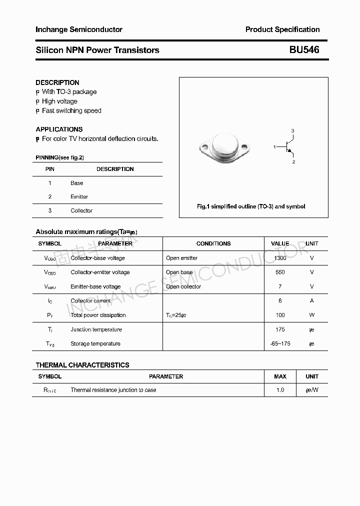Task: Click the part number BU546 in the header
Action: coord(304,50)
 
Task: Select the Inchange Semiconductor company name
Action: coord(79,29)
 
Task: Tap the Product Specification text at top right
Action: coord(282,29)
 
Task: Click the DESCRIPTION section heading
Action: coord(57,82)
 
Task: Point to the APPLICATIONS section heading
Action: coord(59,129)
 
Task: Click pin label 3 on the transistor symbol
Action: coord(292,131)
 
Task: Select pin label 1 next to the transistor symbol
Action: coord(274,146)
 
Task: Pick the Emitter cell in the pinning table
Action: coord(79,197)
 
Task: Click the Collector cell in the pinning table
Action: coord(81,211)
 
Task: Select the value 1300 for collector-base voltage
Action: coord(280,258)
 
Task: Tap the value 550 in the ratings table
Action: coord(280,272)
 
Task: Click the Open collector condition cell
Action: coord(183,286)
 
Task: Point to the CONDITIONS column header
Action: coord(213,244)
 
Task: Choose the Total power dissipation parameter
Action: coord(98,315)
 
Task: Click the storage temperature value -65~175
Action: coord(280,344)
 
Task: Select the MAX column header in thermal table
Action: coord(280,376)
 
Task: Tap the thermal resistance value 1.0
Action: coord(280,390)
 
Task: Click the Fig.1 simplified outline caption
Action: coord(251,206)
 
